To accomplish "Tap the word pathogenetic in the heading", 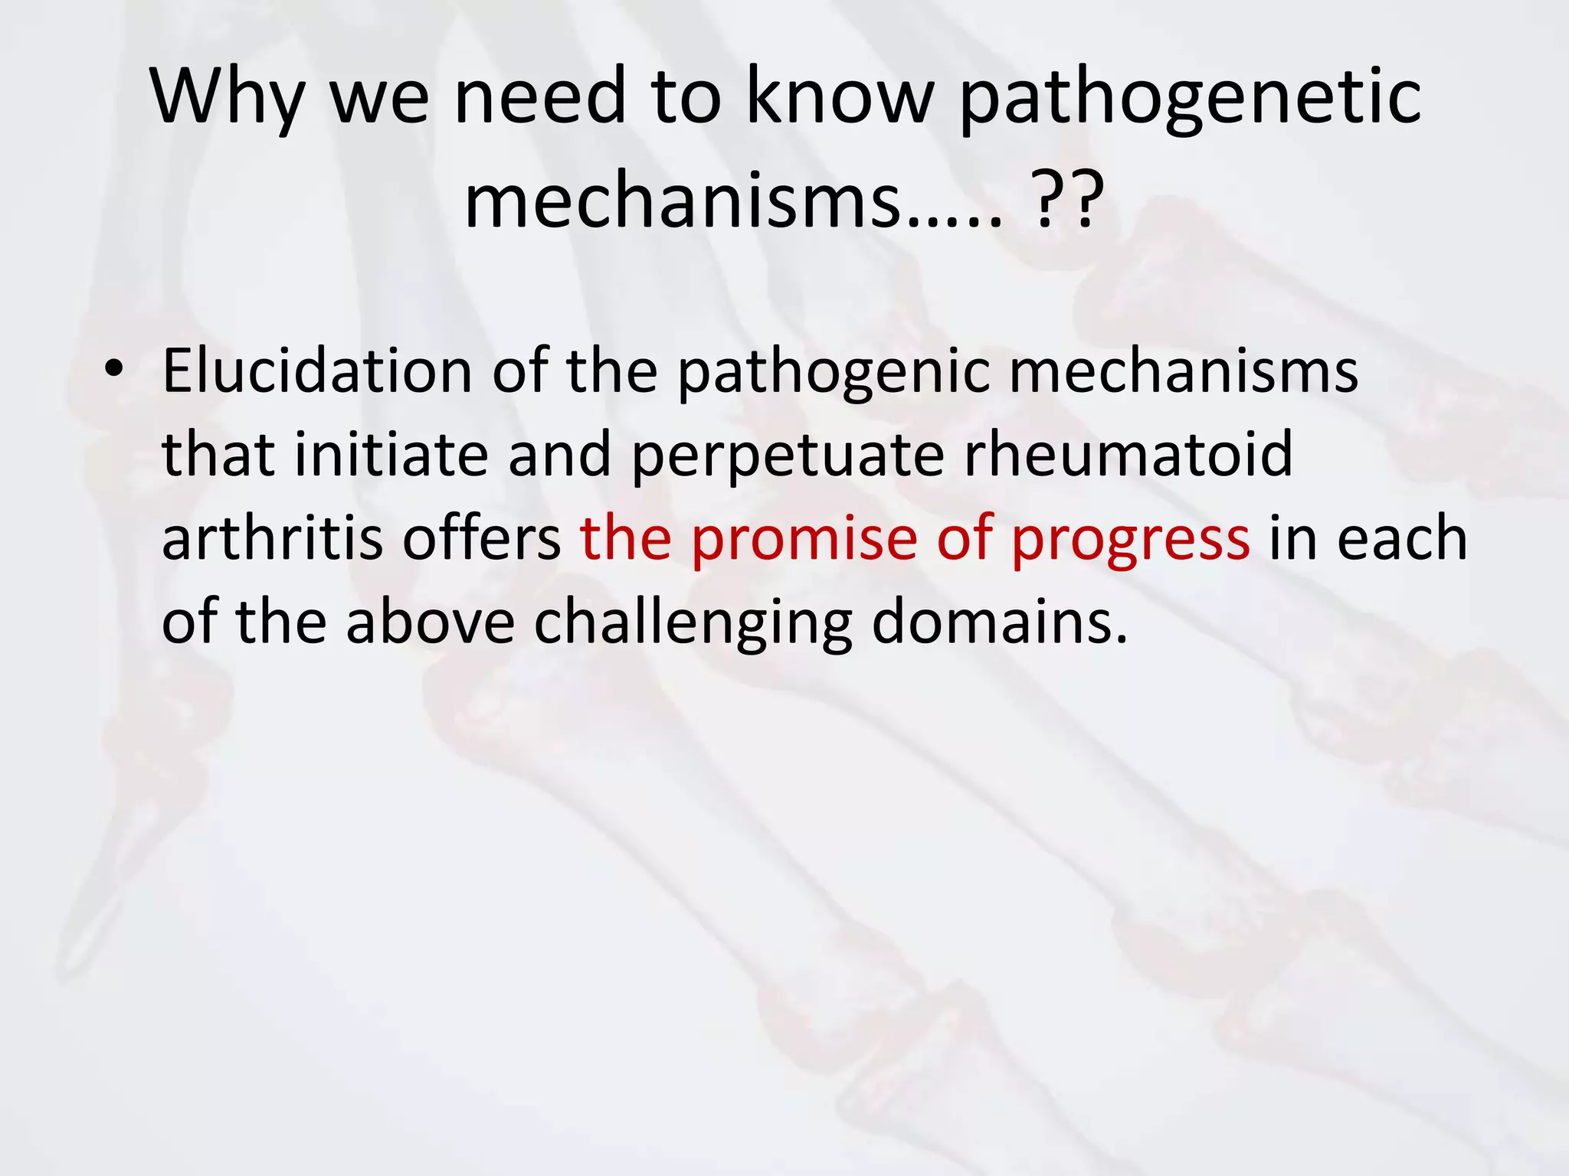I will pyautogui.click(x=1190, y=97).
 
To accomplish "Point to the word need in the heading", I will pyautogui.click(x=540, y=95).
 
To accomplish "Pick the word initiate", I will pyautogui.click(x=391, y=454).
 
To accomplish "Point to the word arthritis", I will pyautogui.click(x=272, y=537).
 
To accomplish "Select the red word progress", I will pyautogui.click(x=1130, y=541).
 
